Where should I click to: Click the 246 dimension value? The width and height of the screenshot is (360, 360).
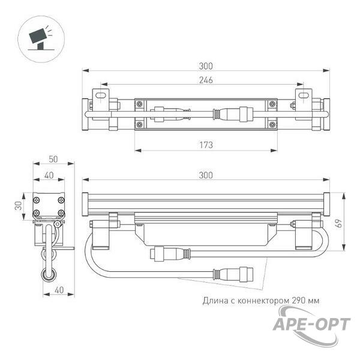tap(206, 80)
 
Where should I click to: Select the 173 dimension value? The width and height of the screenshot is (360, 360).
tap(206, 145)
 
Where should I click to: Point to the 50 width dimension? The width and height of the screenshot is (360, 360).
tap(53, 159)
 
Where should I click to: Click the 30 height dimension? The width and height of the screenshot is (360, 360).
tap(19, 205)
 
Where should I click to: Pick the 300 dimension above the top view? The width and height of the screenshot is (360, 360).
tap(206, 66)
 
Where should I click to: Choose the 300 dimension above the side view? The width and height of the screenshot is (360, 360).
tap(206, 175)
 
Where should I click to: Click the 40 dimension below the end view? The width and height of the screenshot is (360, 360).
tap(59, 290)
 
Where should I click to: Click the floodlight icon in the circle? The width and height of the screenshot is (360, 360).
tap(40, 38)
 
